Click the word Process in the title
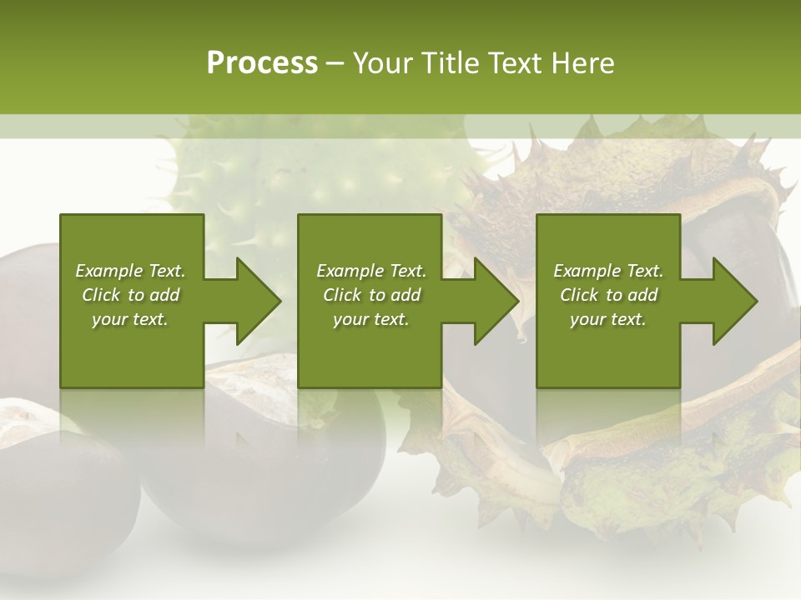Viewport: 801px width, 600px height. (262, 63)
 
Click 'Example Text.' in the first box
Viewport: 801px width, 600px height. (130, 271)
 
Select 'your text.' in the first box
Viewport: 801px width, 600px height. (130, 319)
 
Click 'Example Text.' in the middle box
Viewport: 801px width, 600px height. (371, 271)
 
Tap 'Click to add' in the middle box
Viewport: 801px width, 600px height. (371, 295)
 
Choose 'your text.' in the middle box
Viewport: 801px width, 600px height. (371, 319)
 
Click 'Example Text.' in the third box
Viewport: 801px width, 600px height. (608, 271)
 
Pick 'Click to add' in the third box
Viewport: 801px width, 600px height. (608, 295)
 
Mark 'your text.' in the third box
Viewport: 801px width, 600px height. (608, 319)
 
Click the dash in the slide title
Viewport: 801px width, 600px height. (335, 64)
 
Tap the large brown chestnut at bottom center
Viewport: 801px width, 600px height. (275, 467)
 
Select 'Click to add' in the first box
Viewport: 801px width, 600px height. (130, 295)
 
